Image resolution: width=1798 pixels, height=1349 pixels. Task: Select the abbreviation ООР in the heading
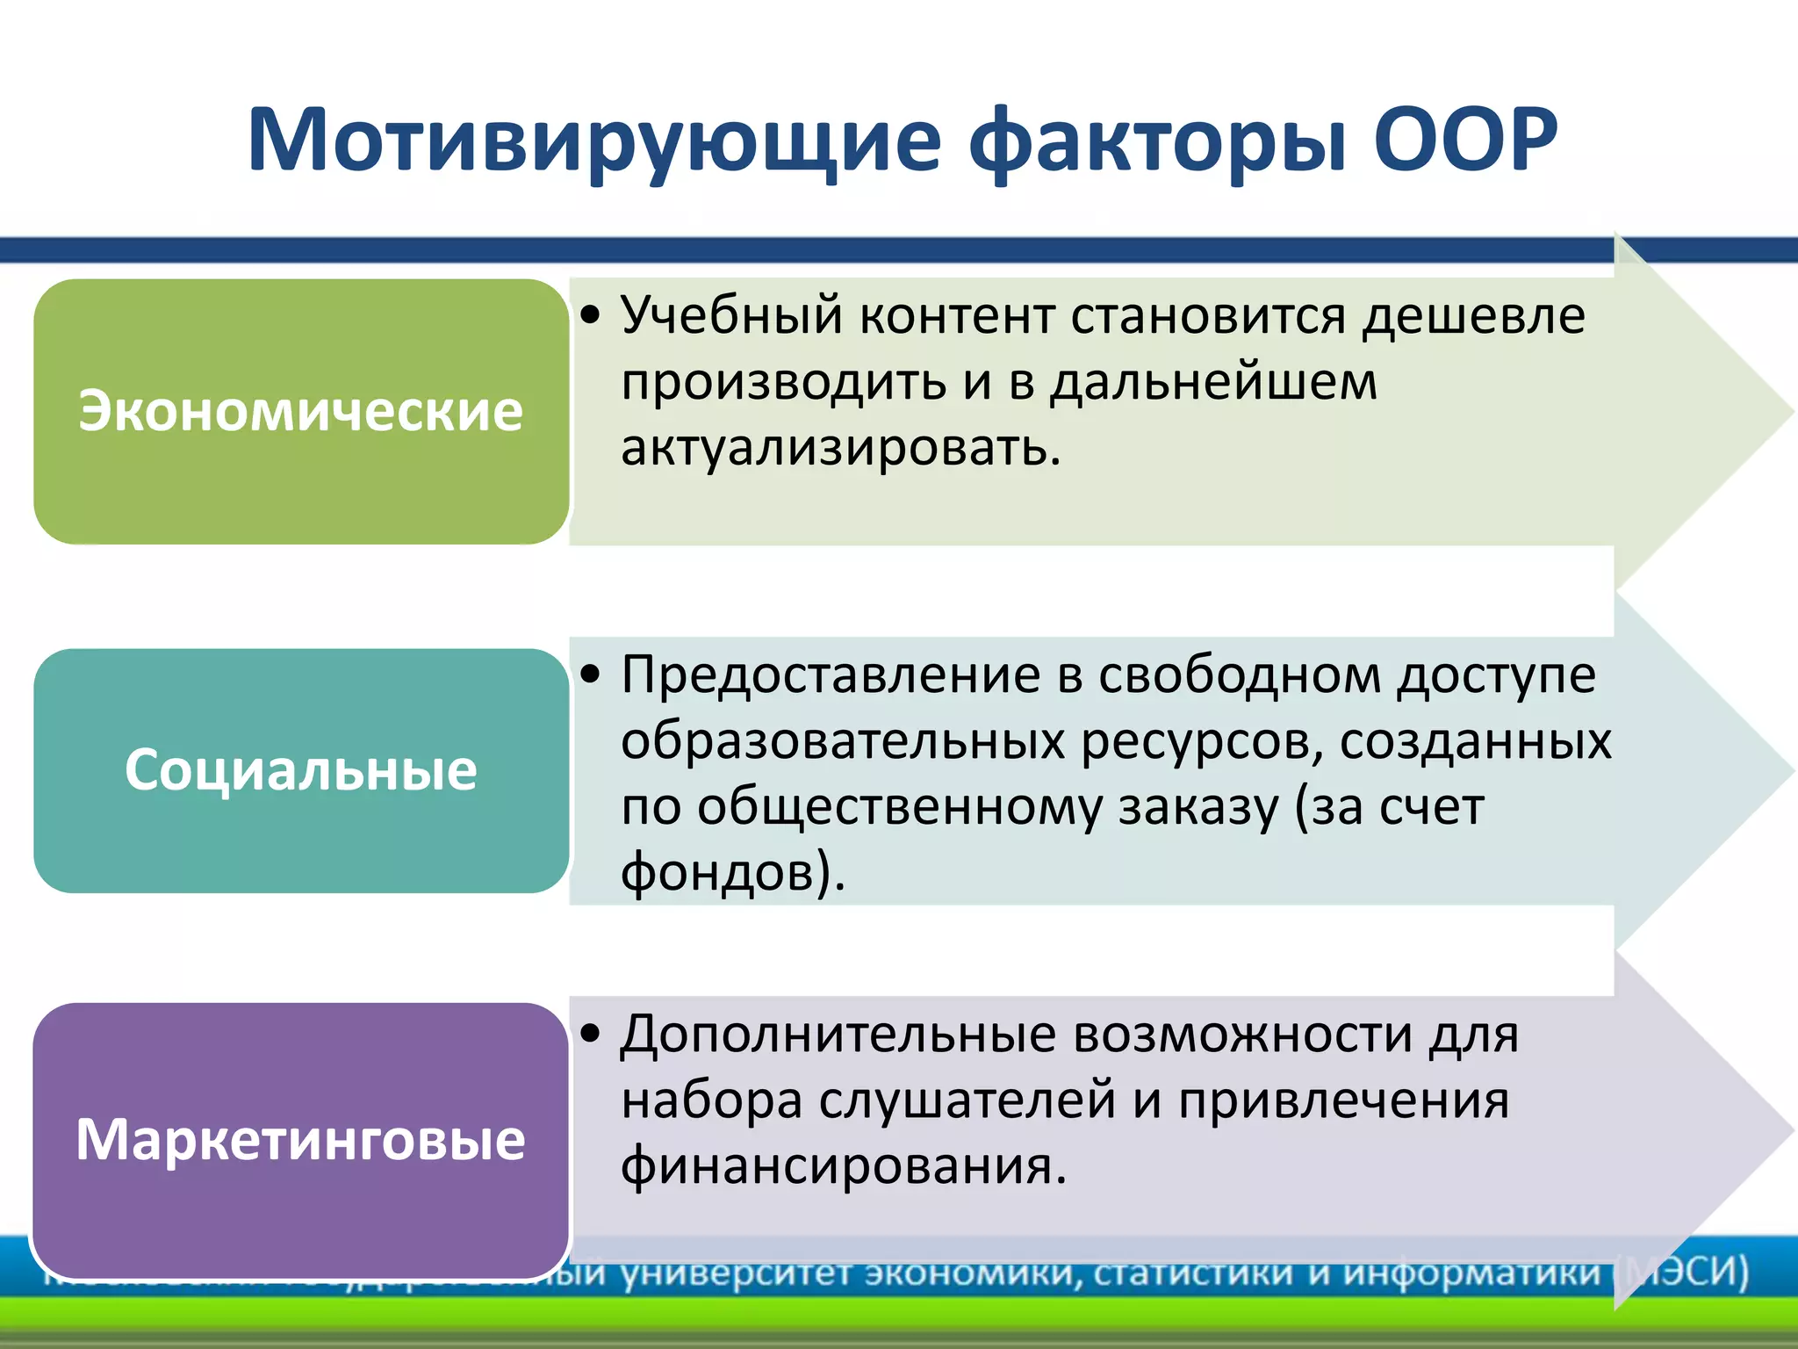[x=1464, y=141]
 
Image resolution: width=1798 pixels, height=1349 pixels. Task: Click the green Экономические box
[x=301, y=411]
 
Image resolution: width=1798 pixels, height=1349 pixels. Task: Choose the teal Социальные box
[x=301, y=770]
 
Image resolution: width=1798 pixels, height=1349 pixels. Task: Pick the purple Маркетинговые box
[x=301, y=1140]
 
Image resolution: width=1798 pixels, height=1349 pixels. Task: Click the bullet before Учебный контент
[x=592, y=314]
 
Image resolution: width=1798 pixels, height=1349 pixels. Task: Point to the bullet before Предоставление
[x=592, y=674]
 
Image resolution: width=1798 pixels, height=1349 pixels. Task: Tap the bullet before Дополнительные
[x=592, y=1034]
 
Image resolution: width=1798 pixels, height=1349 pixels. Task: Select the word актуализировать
[x=840, y=448]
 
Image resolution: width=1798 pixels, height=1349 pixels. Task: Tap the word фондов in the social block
[x=724, y=873]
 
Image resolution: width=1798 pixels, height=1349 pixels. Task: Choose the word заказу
[x=1198, y=807]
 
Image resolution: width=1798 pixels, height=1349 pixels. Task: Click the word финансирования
[x=843, y=1166]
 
